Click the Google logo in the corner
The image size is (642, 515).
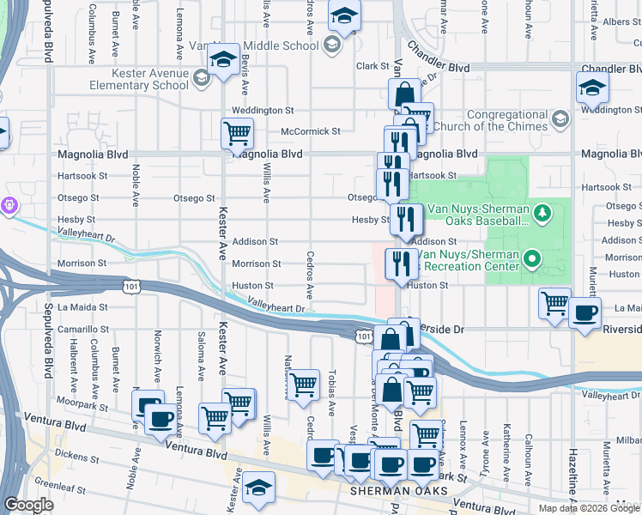28,505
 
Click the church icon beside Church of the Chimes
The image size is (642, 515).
560,118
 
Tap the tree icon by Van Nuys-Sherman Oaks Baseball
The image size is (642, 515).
542,211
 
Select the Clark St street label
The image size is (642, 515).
373,66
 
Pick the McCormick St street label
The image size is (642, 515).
312,131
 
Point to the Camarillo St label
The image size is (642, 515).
83,329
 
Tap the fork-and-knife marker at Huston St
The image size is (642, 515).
400,264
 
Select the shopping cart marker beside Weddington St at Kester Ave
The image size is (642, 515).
237,133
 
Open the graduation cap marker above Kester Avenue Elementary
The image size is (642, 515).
223,61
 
